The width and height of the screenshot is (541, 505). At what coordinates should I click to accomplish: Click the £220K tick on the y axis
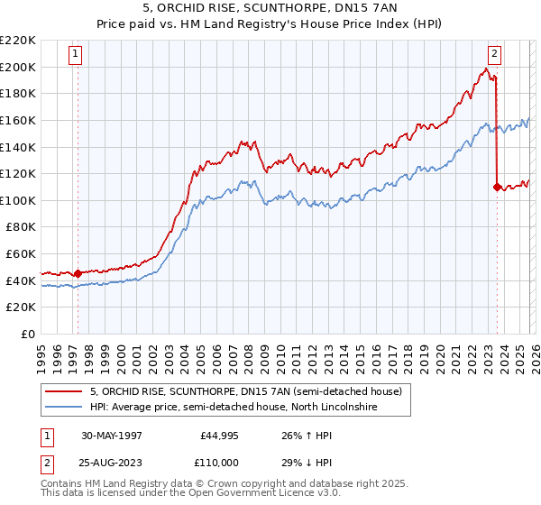[x=18, y=41]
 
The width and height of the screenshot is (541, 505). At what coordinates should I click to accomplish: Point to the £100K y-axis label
[x=18, y=200]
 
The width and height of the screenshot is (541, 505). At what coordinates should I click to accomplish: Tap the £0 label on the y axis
[x=28, y=334]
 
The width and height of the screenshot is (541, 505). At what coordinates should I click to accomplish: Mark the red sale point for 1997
[x=78, y=273]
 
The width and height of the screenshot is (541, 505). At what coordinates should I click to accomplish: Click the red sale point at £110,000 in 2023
[x=497, y=188]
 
